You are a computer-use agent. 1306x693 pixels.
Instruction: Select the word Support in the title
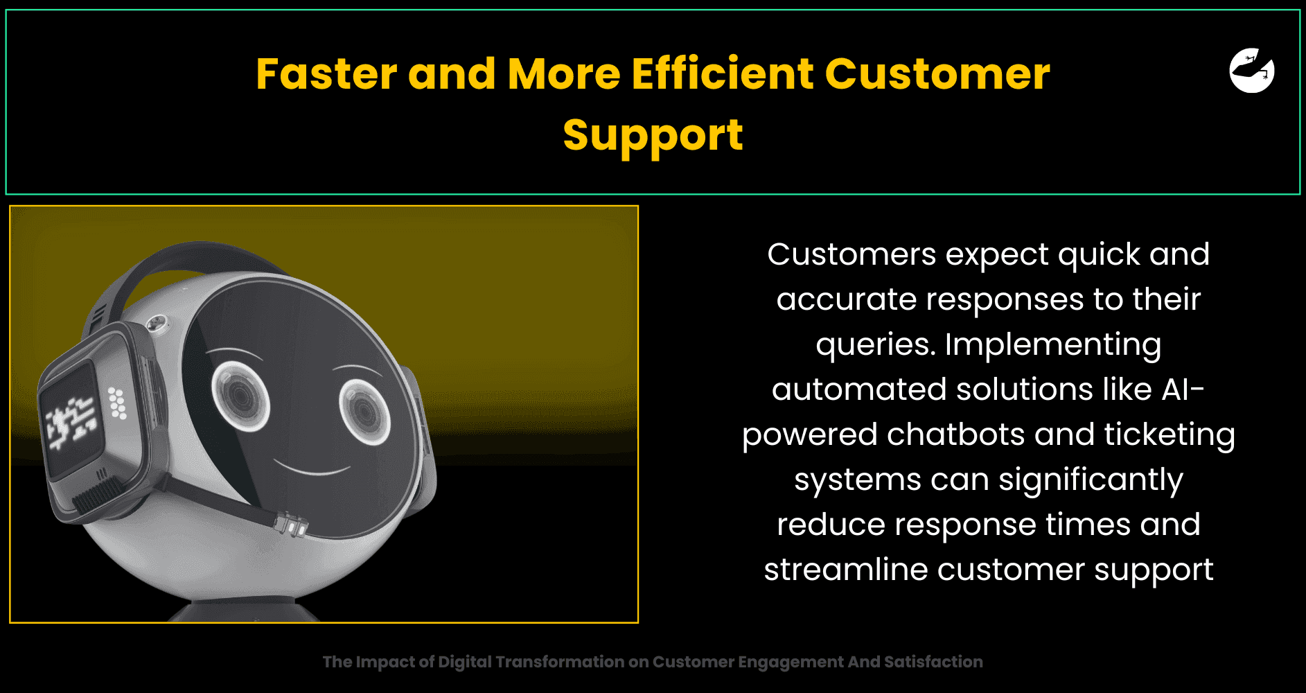[x=653, y=135]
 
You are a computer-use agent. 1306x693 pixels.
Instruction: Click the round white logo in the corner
[x=1252, y=70]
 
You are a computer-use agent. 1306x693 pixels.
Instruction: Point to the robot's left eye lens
[x=240, y=394]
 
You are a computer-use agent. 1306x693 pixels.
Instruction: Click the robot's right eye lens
[x=364, y=412]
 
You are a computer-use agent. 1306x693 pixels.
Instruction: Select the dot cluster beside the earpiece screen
[x=117, y=403]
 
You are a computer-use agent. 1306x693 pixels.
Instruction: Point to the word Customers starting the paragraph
[x=851, y=254]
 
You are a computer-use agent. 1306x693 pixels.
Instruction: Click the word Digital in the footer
[x=464, y=662]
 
